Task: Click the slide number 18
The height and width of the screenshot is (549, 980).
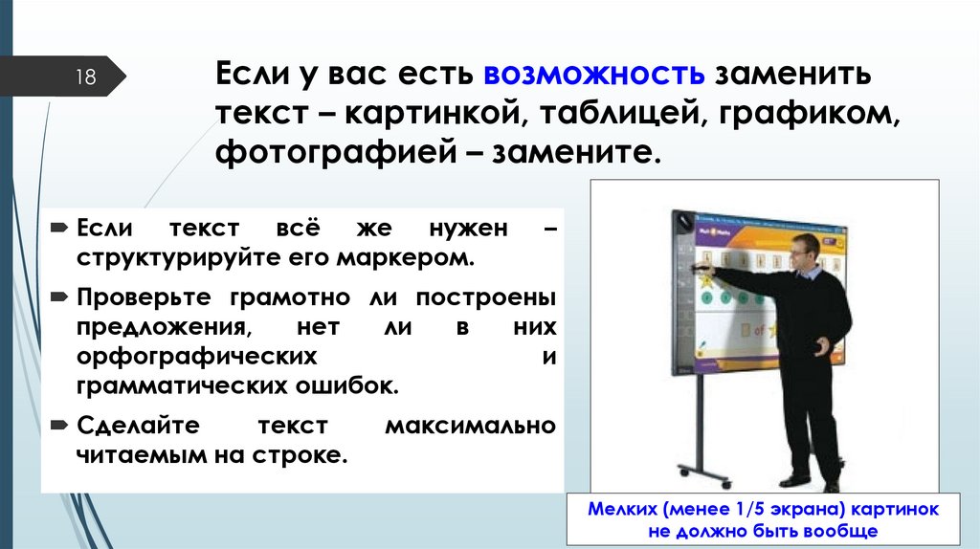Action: click(x=86, y=77)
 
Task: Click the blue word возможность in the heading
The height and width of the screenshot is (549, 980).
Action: click(x=595, y=74)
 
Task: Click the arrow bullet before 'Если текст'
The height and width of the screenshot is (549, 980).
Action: click(x=59, y=231)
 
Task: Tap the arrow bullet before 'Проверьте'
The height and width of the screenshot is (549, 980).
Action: click(x=59, y=297)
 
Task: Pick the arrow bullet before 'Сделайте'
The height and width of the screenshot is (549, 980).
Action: click(x=59, y=424)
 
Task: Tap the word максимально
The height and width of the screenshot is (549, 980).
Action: click(x=470, y=424)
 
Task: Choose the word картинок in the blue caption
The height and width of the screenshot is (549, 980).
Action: click(x=890, y=508)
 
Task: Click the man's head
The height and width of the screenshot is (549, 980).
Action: click(x=803, y=252)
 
